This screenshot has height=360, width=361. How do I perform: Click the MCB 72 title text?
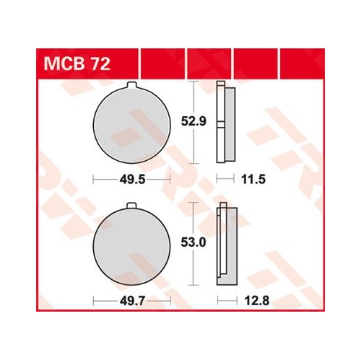[77, 63]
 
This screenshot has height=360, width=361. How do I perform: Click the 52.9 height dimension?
[193, 121]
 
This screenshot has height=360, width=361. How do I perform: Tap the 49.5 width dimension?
[132, 180]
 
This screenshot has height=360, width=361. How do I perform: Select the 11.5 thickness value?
[253, 180]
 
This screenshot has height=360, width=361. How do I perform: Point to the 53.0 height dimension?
[193, 242]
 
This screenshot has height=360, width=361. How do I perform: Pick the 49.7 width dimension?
[132, 301]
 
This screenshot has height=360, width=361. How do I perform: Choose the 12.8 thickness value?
[257, 301]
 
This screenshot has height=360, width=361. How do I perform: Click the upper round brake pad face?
[132, 125]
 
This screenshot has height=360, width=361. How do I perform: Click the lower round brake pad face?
[132, 246]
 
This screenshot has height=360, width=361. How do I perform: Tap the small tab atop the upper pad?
[132, 85]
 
